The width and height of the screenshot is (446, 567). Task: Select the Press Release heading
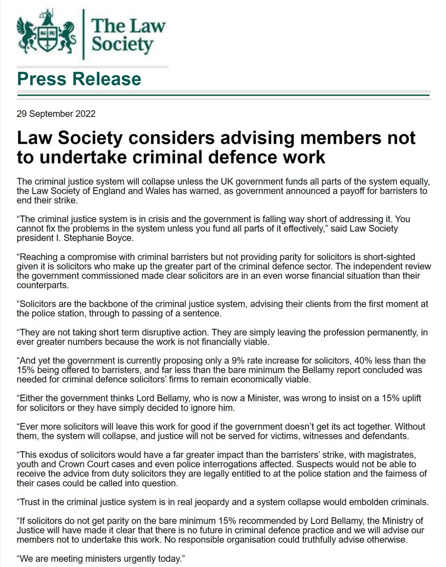coord(79,78)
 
